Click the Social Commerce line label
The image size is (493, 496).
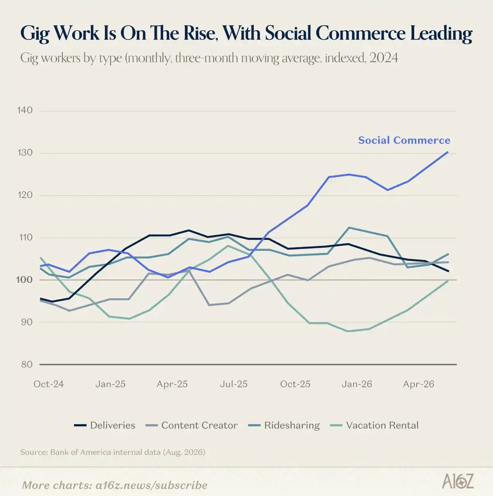pos(404,140)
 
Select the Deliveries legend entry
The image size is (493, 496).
pos(104,425)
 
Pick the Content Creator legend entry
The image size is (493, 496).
pos(191,425)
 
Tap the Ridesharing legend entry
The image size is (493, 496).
pos(284,425)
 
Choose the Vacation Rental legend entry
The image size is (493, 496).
pos(374,425)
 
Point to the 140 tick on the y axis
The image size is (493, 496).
pos(25,110)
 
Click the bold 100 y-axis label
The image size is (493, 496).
pos(25,279)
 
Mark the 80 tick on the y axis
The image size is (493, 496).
pos(27,364)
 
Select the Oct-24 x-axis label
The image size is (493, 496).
pos(48,384)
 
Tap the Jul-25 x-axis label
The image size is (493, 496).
pos(233,384)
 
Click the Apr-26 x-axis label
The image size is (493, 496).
pos(418,384)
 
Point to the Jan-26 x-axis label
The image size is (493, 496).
pos(357,384)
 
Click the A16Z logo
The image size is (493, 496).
pos(458,481)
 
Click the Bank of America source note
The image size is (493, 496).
pos(113,452)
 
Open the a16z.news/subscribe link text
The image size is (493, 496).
pos(151,485)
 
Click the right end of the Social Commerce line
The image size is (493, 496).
pos(448,152)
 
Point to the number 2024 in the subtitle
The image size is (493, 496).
pos(384,58)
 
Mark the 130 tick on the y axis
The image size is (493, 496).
pos(25,152)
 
